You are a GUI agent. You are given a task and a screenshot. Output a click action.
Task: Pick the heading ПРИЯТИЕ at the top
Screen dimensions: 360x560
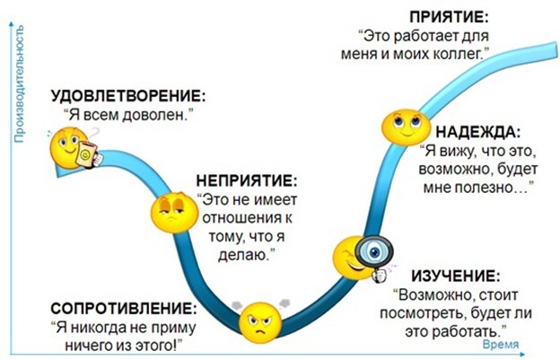pyautogui.click(x=448, y=16)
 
